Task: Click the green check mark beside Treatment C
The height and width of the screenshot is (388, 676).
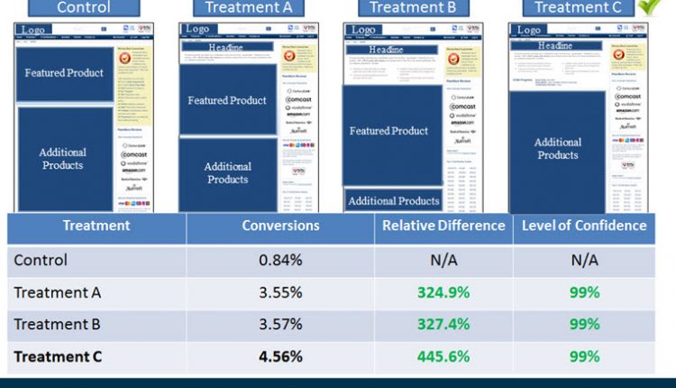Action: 647,6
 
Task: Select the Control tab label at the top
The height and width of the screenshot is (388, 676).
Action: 85,7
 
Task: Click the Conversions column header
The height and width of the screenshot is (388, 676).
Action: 280,226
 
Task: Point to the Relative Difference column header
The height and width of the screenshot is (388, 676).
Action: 443,226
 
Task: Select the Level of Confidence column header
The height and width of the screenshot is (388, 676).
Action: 584,226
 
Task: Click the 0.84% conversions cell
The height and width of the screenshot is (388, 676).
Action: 280,260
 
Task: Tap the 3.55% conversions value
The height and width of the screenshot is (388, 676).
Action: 280,292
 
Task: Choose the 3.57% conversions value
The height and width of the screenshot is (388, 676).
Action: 280,324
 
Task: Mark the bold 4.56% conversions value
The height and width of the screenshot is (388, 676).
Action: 280,356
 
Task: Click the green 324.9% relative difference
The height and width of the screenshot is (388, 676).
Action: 443,292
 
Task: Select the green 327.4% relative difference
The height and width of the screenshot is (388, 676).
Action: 443,324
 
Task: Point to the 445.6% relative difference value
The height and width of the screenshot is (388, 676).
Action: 443,356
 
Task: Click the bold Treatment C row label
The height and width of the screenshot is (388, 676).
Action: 58,356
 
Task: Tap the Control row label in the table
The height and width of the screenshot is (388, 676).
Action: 41,260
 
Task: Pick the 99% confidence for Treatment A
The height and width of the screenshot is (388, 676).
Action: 584,292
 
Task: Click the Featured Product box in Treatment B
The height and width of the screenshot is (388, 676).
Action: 390,132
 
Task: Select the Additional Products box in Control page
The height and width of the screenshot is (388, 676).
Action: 63,159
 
